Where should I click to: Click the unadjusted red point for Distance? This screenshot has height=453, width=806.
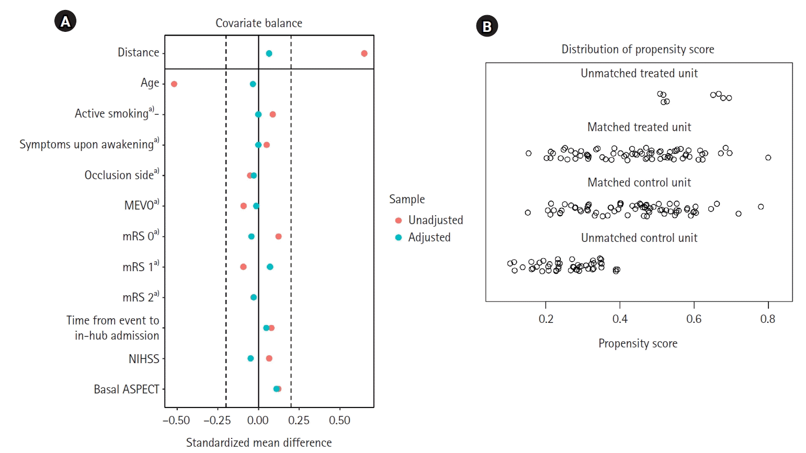[x=364, y=53]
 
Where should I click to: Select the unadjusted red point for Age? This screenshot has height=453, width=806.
[x=174, y=84]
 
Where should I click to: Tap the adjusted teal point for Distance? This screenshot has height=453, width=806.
[x=269, y=53]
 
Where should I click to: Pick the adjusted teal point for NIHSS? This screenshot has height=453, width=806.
[x=251, y=358]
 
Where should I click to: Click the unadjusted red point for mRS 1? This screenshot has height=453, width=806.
[x=243, y=267]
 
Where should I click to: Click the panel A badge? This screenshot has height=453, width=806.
[x=65, y=21]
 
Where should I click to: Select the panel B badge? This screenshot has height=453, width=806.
[x=487, y=26]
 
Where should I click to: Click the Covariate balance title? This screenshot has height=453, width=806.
[x=259, y=23]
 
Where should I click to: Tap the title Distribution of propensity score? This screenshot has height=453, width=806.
[x=638, y=49]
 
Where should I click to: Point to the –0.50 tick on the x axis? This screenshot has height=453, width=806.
[x=176, y=421]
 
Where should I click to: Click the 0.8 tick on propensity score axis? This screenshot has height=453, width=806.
[x=768, y=319]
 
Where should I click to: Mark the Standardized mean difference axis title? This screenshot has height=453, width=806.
[x=259, y=443]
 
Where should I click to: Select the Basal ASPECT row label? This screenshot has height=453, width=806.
[x=127, y=389]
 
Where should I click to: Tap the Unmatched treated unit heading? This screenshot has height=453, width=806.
[x=639, y=73]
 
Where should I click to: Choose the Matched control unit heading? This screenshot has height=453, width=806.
[x=639, y=182]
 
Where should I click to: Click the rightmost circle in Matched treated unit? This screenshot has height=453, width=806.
[x=768, y=158]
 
